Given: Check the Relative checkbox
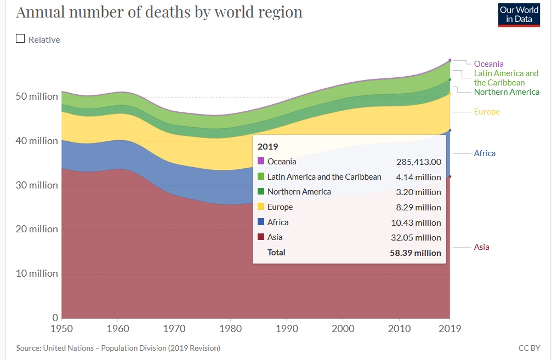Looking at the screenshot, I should pos(21,39).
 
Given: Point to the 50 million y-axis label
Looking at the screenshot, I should pos(37,96).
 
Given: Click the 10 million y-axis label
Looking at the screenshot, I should pos(37,273).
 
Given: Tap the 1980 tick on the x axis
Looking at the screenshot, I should pos(230,328).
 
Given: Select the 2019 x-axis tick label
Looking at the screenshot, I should pos(449,328).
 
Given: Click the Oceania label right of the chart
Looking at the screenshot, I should pos(488,64).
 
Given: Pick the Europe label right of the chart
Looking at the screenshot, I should pos(487,112).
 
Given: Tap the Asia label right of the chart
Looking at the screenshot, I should pos(481,247).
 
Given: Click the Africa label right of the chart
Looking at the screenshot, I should pos(485,153).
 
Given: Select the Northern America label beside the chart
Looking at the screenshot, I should pos(507,92).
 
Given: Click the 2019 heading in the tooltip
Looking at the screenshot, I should pos(268,146).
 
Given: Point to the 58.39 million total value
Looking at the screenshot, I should pos(414,253).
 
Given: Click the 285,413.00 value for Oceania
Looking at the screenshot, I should pos(418,162).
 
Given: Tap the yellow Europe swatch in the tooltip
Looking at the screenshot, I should pos(261,207).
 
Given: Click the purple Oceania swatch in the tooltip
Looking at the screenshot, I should pos(261,162).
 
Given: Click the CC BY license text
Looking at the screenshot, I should pos(529,348).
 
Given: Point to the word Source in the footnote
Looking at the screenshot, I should pos(29,348).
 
